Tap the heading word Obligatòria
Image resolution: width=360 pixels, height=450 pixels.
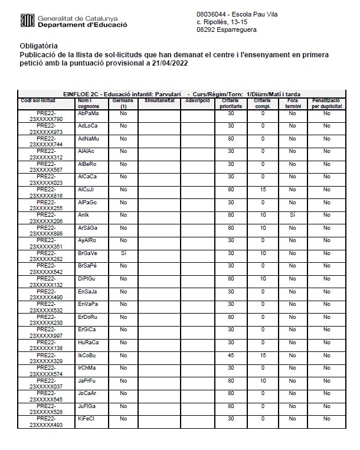click(x=39, y=45)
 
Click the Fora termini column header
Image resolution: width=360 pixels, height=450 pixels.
click(x=292, y=103)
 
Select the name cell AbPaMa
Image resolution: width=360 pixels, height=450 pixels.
click(x=88, y=113)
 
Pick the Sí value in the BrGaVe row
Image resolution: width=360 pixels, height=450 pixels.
click(x=123, y=253)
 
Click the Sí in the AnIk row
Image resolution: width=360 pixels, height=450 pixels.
click(x=292, y=215)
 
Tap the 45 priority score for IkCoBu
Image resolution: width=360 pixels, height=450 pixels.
click(x=231, y=355)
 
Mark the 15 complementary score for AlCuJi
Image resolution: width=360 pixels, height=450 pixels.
click(x=262, y=190)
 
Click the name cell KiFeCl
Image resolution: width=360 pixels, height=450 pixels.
click(x=87, y=419)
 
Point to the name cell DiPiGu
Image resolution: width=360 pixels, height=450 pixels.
click(x=87, y=278)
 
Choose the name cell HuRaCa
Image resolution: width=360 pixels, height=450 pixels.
click(x=88, y=342)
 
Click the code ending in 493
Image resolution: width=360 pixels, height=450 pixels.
click(x=46, y=425)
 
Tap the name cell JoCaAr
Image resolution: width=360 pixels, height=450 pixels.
click(x=87, y=393)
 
